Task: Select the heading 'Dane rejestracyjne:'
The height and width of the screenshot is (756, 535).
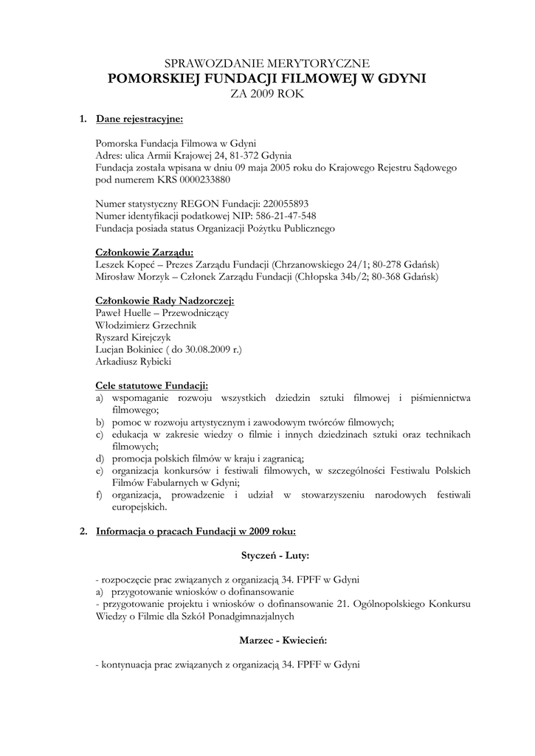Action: pyautogui.click(x=139, y=118)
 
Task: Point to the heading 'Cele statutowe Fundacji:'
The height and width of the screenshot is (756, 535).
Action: pyautogui.click(x=152, y=385)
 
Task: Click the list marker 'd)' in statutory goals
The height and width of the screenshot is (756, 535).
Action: pyautogui.click(x=100, y=458)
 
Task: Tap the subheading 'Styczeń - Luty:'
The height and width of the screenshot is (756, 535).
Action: pyautogui.click(x=275, y=554)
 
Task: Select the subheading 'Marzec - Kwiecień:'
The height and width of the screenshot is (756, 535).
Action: pyautogui.click(x=283, y=639)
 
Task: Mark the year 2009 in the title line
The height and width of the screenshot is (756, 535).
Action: pyautogui.click(x=263, y=94)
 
